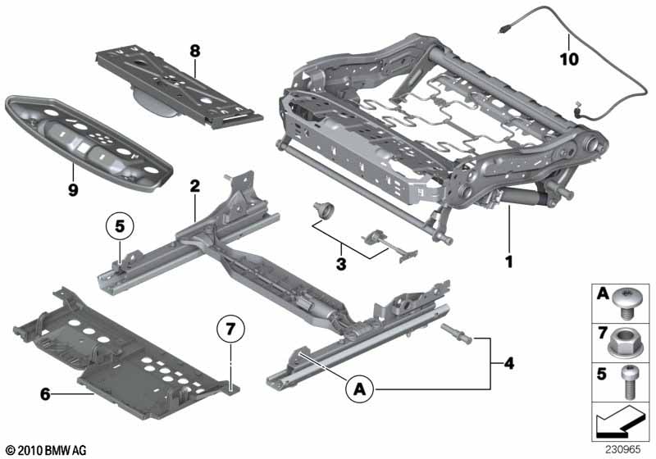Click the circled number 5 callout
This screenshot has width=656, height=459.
(x=120, y=226)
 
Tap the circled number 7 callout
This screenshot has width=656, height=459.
(x=230, y=329)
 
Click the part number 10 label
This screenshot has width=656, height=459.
(x=569, y=59)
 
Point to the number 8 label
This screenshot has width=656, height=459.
(x=195, y=52)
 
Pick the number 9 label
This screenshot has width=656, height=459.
(x=73, y=190)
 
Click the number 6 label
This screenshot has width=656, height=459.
(x=45, y=393)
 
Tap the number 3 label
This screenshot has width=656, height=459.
(x=341, y=264)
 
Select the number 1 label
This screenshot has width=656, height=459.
(x=508, y=262)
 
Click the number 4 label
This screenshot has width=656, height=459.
(x=508, y=363)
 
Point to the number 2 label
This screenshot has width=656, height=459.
(x=195, y=186)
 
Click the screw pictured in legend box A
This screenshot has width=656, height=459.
(x=626, y=305)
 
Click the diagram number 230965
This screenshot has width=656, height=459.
(x=622, y=450)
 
